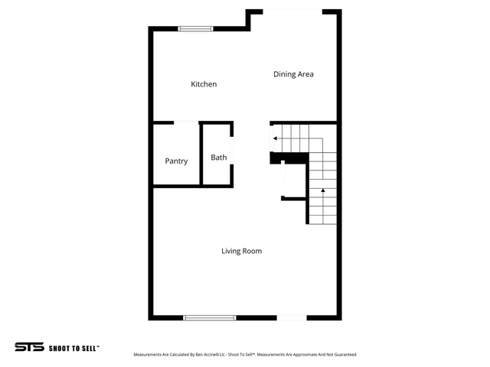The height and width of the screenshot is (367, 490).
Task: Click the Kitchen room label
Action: tap(204, 84)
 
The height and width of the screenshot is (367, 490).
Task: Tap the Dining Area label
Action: tap(293, 74)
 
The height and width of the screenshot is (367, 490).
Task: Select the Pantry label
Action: tap(176, 161)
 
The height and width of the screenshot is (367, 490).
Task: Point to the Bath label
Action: tap(219, 158)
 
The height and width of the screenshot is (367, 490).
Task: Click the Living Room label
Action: tap(242, 251)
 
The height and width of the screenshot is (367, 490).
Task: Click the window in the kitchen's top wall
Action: tap(196, 29)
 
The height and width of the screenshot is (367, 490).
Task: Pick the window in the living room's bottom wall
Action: tap(210, 318)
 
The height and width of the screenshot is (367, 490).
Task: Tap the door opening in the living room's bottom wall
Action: tap(292, 318)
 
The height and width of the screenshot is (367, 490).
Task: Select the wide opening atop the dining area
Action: tap(292, 12)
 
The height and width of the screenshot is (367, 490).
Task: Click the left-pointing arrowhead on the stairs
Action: tap(275, 138)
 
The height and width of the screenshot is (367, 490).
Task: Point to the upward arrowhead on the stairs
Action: tap(323, 190)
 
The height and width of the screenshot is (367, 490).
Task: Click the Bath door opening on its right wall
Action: tap(232, 151)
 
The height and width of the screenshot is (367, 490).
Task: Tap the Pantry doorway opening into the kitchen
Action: tap(186, 122)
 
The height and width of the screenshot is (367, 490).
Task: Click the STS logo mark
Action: tap(29, 346)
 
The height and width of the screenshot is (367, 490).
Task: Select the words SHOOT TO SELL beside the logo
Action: tap(73, 349)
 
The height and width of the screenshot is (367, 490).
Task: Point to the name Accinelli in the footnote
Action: tap(211, 355)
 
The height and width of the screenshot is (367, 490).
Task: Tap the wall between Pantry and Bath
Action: tap(201, 154)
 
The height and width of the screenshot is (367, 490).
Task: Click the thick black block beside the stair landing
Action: tap(289, 158)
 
